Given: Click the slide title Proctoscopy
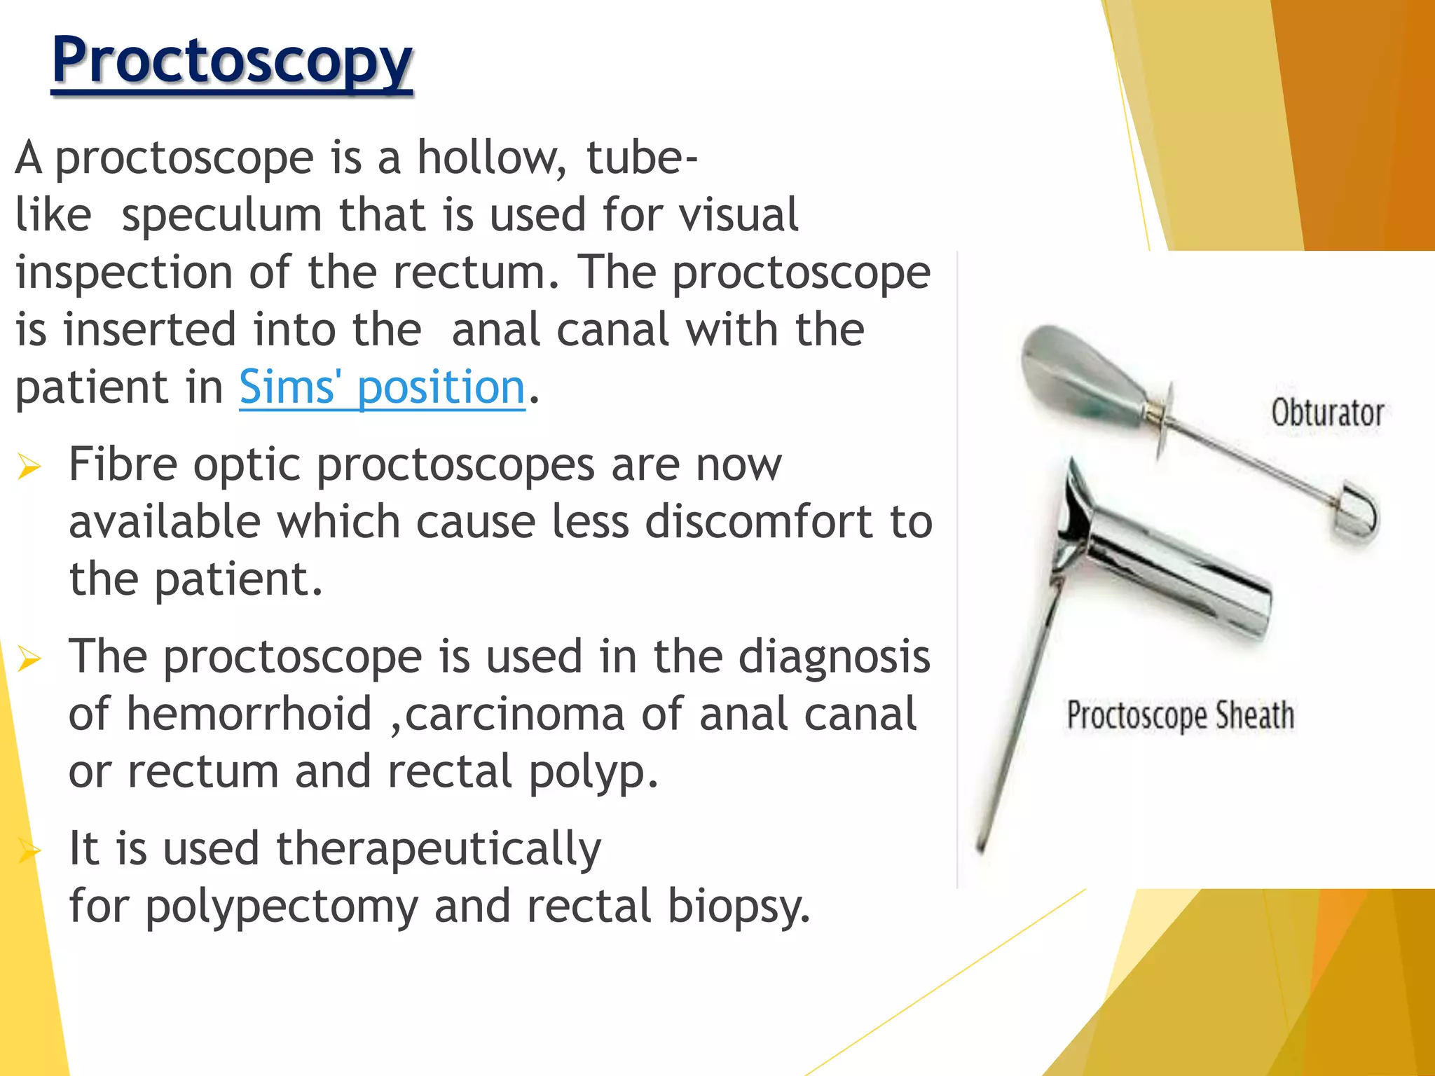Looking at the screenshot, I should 232,62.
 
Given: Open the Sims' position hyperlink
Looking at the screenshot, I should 382,387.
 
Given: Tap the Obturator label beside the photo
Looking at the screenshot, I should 1327,413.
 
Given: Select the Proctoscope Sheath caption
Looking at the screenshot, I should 1180,715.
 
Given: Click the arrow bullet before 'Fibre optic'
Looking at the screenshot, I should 29,466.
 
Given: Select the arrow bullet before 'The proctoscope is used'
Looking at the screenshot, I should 29,658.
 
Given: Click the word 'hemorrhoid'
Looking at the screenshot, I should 249,715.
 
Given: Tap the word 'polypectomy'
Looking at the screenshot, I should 281,906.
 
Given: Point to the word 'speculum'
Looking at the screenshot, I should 221,215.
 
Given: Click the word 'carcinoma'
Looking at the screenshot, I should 514,715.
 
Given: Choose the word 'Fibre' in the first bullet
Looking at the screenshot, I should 123,464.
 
